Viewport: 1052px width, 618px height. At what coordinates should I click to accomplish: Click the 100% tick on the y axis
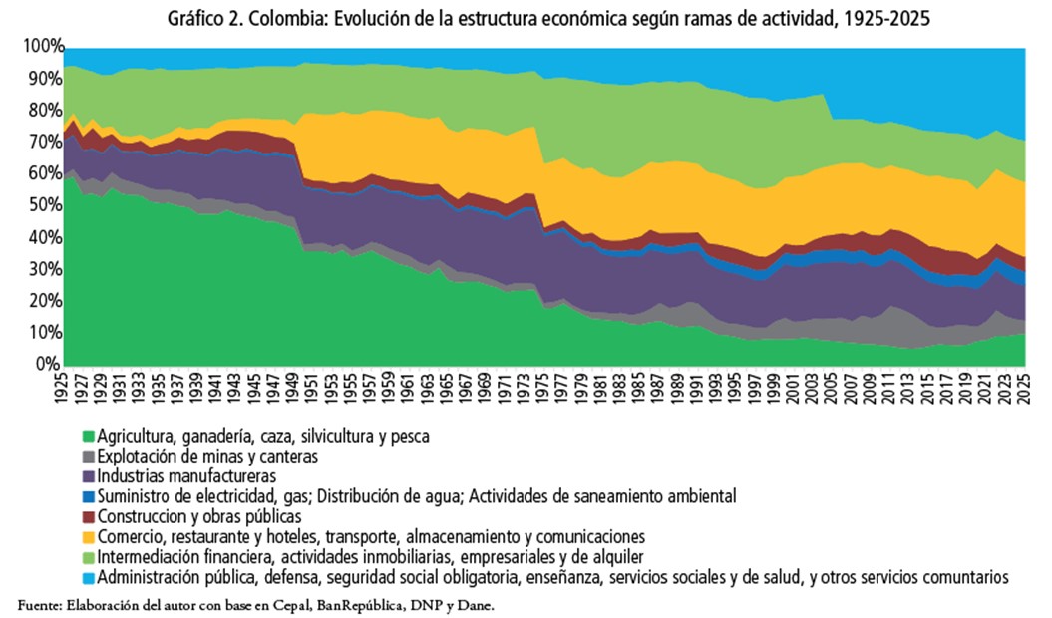[42, 47]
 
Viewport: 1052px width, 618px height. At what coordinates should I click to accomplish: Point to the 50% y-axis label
[45, 205]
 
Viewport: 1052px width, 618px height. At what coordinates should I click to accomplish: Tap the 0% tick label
[52, 364]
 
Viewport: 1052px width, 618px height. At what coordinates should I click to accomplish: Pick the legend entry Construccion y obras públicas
[198, 516]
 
